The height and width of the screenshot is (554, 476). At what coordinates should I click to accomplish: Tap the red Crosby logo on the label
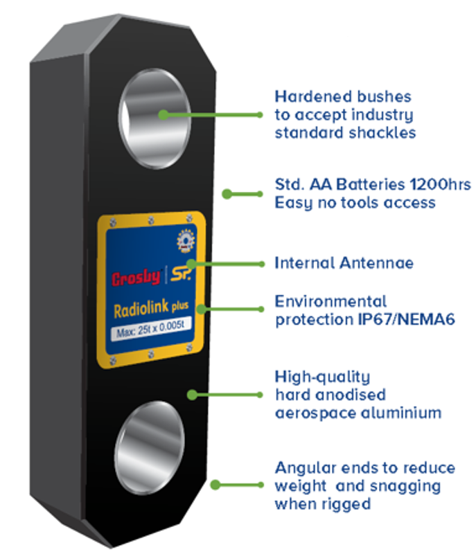click(x=136, y=278)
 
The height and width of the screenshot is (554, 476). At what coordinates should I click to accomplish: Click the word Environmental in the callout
click(x=330, y=302)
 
